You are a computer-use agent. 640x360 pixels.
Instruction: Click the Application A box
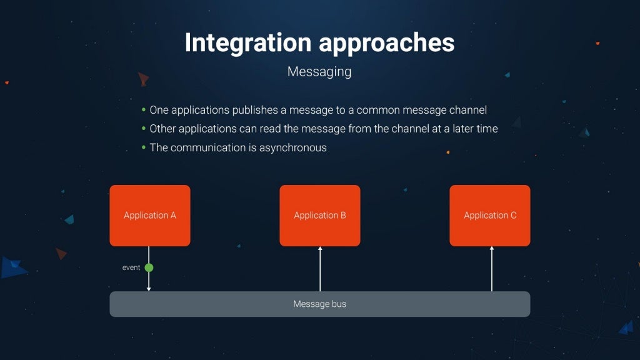point(150,215)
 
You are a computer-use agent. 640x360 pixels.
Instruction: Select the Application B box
point(320,215)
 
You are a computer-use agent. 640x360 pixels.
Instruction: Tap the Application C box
point(490,215)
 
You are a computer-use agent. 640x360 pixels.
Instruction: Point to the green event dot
point(149,267)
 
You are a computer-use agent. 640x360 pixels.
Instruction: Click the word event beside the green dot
point(131,267)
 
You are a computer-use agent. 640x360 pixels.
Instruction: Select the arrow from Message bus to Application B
point(320,269)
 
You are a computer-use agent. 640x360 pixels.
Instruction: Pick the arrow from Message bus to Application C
point(491,269)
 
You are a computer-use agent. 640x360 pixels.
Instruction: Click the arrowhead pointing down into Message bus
point(149,289)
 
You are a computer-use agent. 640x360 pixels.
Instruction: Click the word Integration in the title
point(247,42)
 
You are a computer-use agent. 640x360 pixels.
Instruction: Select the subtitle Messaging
point(319,72)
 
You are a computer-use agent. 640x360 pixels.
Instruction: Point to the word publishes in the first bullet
point(255,110)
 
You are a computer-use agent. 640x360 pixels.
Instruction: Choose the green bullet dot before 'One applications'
point(144,110)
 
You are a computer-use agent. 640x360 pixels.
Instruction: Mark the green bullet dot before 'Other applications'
point(144,129)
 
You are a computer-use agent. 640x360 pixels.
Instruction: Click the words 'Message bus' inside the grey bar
point(319,304)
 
